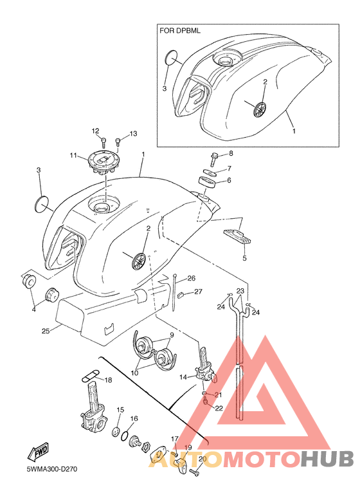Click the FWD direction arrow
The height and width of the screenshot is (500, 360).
(x=37, y=452)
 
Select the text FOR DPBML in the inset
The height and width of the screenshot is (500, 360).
(x=180, y=31)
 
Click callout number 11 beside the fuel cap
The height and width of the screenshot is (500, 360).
(x=73, y=156)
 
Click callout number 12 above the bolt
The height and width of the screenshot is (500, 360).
(x=96, y=131)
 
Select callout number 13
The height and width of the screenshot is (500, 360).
(x=133, y=134)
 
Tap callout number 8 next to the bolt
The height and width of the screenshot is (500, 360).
(x=231, y=153)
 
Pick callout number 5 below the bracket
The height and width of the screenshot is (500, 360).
(x=244, y=258)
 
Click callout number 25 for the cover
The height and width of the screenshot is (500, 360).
(x=46, y=331)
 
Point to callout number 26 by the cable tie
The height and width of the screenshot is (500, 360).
(x=191, y=279)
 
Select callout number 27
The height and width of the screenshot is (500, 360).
(x=198, y=292)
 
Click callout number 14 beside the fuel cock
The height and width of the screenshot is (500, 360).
(x=183, y=377)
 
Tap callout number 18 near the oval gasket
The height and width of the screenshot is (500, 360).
(x=108, y=380)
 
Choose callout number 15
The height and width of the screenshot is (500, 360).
(x=120, y=410)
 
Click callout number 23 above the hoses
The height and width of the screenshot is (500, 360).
(x=240, y=291)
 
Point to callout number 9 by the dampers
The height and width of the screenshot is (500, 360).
(x=172, y=335)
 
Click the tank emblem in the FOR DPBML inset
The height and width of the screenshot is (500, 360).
(x=260, y=109)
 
